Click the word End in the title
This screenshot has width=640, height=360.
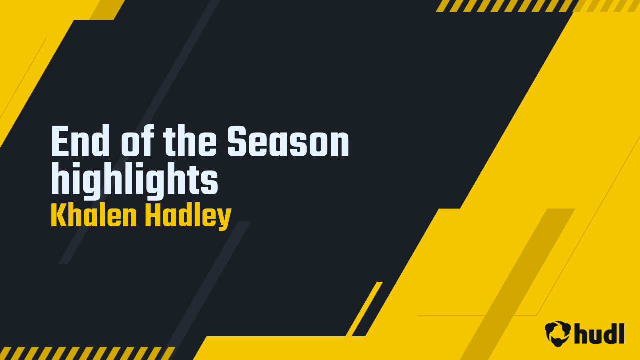(80, 142)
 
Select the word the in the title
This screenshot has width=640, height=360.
(190, 142)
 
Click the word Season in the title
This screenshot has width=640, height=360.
(288, 142)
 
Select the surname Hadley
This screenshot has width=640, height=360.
(188, 216)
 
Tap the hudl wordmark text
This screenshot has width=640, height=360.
(600, 333)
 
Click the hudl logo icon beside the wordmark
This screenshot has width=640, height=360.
(558, 333)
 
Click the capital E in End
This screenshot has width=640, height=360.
(59, 142)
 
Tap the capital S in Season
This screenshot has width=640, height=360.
(236, 142)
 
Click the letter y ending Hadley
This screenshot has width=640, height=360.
(224, 218)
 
